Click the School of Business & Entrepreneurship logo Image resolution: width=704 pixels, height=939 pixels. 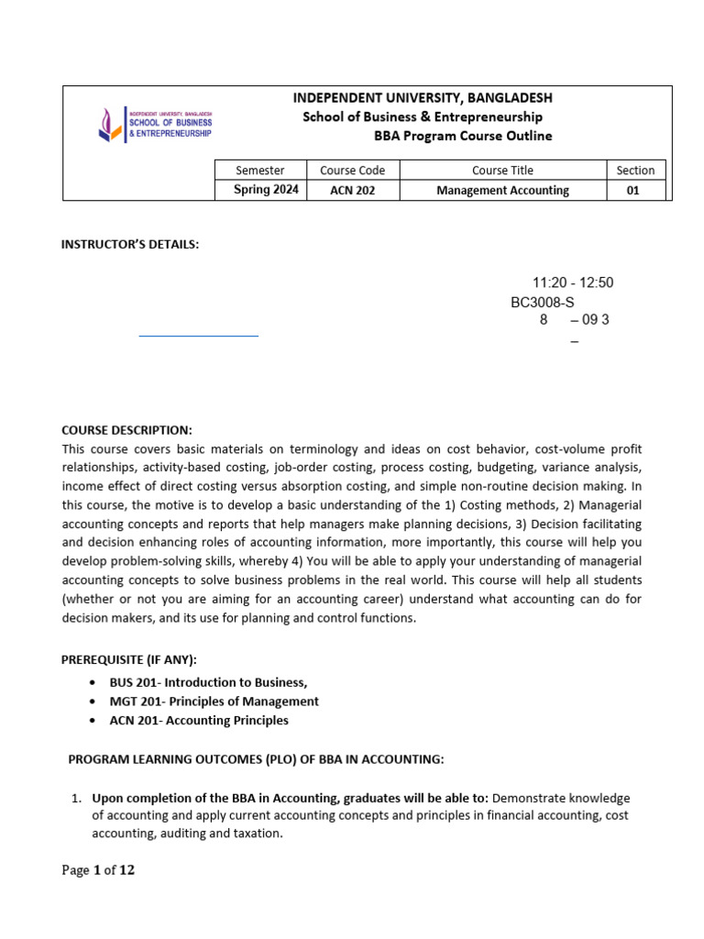[156, 125]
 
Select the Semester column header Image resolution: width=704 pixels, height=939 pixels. [260, 170]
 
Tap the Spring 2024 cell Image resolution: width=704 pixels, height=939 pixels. [266, 190]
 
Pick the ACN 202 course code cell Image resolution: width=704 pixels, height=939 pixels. [352, 191]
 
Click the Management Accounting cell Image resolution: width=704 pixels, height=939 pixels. [502, 191]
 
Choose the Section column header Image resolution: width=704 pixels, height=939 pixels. [635, 170]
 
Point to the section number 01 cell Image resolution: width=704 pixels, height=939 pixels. [632, 191]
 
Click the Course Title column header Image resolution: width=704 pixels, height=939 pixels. [502, 170]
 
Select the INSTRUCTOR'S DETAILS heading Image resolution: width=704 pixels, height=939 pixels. [130, 244]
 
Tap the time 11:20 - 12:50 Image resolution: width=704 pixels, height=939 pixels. [573, 282]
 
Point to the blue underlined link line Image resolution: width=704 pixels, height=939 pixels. [198, 336]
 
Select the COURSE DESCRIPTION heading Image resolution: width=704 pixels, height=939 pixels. [126, 430]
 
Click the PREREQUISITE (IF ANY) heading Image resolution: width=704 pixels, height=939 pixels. [129, 660]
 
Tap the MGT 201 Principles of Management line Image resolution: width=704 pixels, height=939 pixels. [214, 701]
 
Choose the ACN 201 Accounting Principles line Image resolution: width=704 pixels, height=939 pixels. [199, 721]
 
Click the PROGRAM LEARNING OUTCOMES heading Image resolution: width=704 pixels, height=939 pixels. [256, 759]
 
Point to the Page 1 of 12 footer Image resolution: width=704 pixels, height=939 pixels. [98, 870]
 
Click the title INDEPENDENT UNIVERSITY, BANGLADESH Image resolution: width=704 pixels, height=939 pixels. [423, 97]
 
